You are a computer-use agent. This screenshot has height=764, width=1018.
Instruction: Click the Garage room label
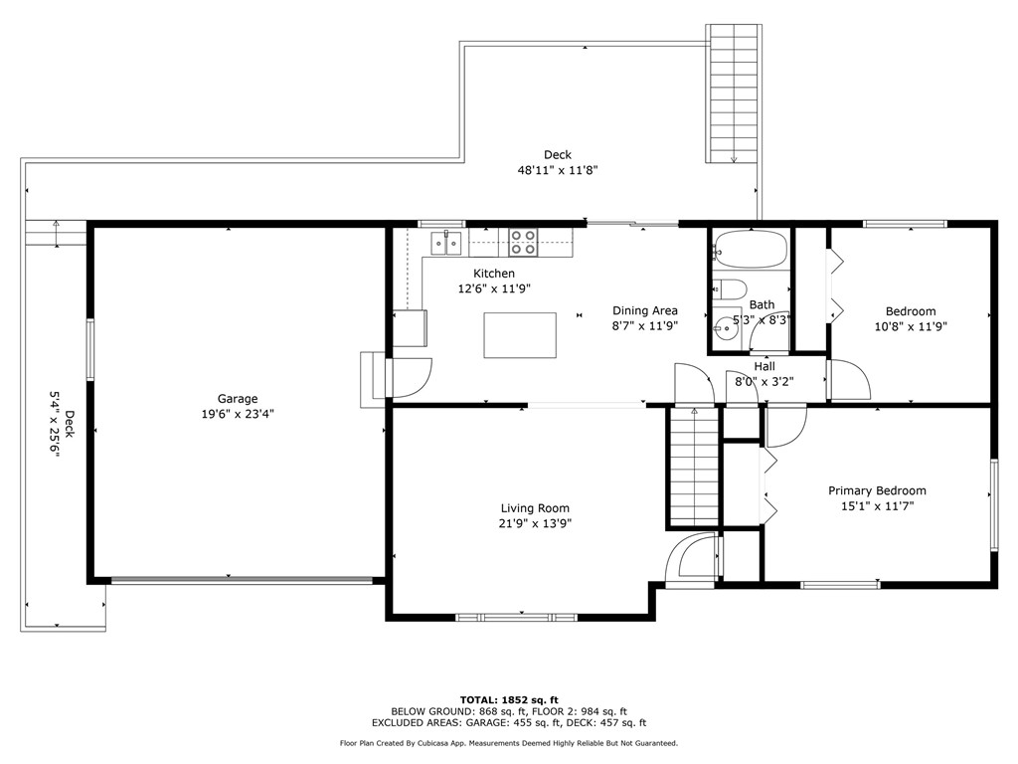point(238,399)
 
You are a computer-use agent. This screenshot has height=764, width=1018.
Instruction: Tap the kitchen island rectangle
point(519,335)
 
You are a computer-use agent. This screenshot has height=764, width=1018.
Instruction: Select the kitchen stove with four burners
point(523,242)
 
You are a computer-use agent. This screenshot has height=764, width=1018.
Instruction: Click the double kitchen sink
point(446,243)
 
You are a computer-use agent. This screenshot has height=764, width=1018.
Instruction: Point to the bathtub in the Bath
point(750,249)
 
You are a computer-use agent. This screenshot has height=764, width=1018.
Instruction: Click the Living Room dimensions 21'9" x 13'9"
point(535,523)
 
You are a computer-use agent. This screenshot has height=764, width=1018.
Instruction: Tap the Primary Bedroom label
point(877,490)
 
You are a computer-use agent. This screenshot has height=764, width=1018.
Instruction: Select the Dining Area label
point(644,310)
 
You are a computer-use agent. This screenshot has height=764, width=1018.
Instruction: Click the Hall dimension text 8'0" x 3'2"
point(764,382)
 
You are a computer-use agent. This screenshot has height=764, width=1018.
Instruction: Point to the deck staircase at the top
point(734,94)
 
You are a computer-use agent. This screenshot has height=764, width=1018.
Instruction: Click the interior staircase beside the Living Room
point(693,467)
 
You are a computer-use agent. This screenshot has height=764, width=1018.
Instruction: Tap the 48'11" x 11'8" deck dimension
point(557,170)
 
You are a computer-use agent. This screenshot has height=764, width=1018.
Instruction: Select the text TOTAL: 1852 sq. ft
point(509,699)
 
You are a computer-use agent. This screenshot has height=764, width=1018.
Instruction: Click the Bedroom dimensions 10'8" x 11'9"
point(911,326)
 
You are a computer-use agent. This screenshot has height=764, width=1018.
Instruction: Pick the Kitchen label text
point(494,274)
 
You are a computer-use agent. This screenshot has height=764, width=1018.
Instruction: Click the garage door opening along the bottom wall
point(242,580)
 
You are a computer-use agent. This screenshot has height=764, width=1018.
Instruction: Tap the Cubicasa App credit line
point(508,743)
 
